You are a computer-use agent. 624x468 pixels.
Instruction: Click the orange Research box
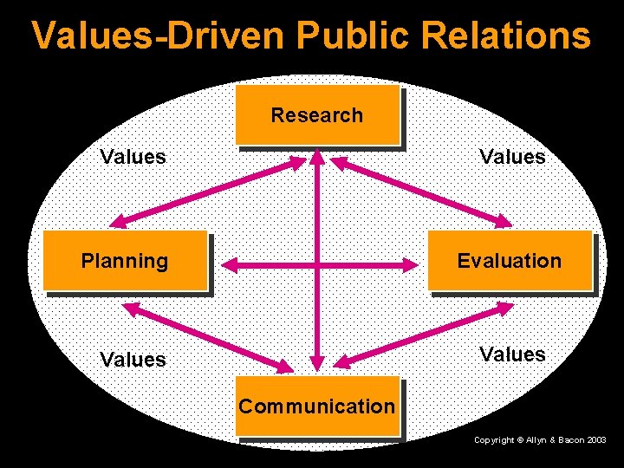click(x=316, y=114)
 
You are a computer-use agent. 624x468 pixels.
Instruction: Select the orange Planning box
click(x=125, y=260)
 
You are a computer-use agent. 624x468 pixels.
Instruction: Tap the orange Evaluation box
click(x=509, y=260)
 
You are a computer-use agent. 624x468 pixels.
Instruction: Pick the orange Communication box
click(x=316, y=406)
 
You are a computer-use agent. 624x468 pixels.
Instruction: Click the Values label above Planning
click(x=133, y=157)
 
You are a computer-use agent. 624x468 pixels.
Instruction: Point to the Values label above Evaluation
click(x=514, y=157)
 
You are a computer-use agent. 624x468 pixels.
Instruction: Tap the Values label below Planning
click(x=133, y=359)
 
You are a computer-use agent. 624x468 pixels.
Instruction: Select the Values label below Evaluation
click(x=514, y=354)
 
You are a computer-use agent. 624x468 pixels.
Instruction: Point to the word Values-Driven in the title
click(x=159, y=36)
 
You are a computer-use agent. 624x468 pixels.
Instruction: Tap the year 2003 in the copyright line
click(x=595, y=441)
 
